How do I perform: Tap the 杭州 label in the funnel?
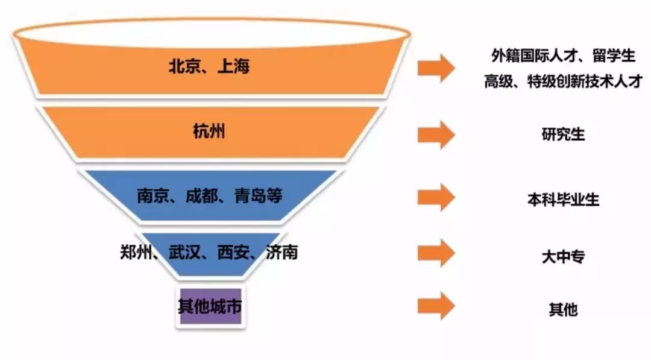209,131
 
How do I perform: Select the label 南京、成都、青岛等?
209,196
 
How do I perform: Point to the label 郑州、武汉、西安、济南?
209,252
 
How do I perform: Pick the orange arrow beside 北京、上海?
436,67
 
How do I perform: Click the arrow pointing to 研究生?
436,134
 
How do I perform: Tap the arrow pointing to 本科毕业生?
436,197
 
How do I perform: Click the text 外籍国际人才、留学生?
563,56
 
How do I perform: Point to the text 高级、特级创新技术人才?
563,81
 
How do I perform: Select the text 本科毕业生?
563,200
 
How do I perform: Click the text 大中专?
563,256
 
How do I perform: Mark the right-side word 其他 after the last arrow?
563,309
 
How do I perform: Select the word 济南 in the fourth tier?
281,252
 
